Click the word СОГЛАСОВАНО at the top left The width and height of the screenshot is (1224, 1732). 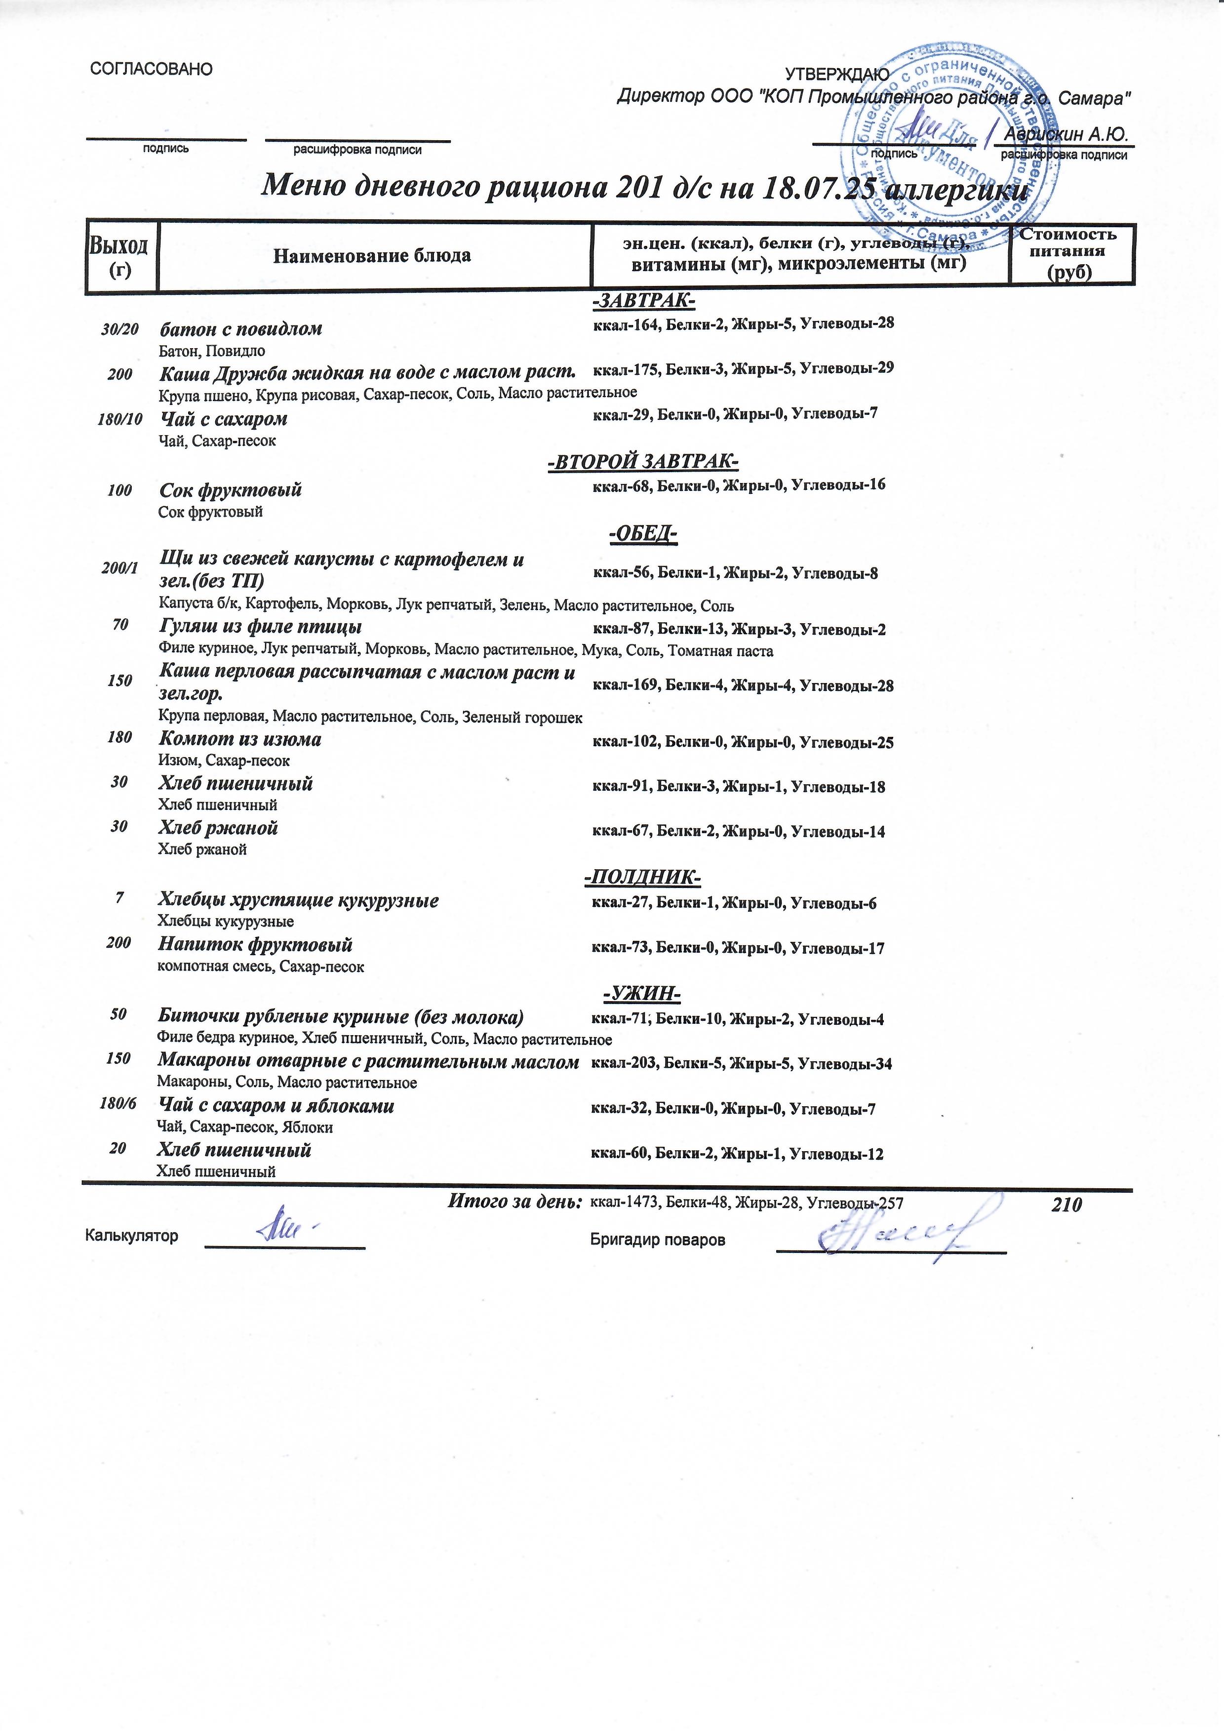click(x=151, y=70)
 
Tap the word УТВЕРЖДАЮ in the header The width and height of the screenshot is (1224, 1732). click(x=837, y=74)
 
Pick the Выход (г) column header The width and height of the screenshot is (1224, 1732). click(x=119, y=256)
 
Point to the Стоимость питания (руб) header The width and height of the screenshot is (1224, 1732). click(x=1071, y=253)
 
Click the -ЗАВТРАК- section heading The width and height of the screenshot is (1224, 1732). click(x=643, y=301)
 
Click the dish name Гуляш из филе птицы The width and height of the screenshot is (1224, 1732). click(x=260, y=627)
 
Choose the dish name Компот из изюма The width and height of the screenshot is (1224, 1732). click(x=240, y=739)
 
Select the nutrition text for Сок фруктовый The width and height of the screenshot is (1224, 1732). click(x=738, y=484)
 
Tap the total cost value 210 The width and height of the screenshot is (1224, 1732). click(x=1066, y=1205)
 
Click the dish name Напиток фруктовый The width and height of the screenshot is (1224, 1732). click(x=255, y=944)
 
